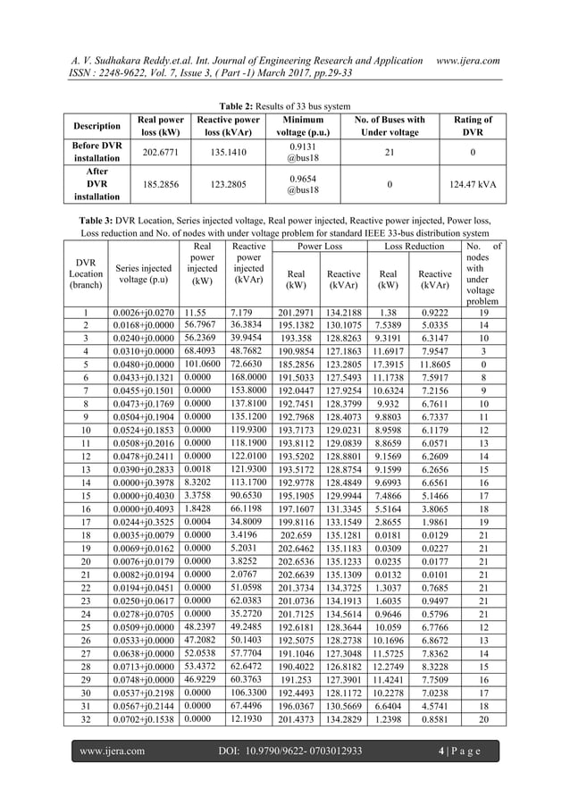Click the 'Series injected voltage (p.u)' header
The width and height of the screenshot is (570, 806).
[x=143, y=271]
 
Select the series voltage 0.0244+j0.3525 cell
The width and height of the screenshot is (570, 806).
[x=143, y=522]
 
